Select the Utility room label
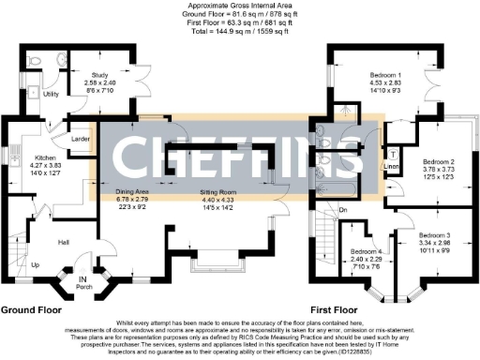[x=52, y=95]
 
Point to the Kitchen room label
[x=46, y=158]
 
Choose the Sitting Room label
[x=222, y=190]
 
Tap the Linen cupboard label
[x=392, y=169]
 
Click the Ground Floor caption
[x=33, y=308]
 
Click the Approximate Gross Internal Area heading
[x=240, y=6]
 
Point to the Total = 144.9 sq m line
[x=240, y=31]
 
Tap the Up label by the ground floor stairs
[x=37, y=265]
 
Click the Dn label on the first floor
[x=344, y=208]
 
